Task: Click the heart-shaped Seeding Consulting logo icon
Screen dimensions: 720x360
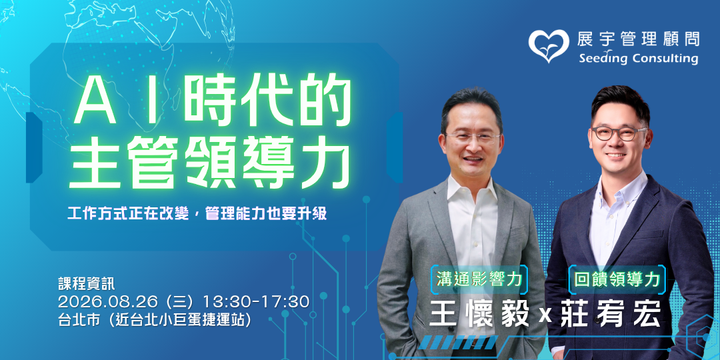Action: (x=548, y=45)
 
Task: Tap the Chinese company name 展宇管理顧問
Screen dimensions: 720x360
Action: (x=638, y=39)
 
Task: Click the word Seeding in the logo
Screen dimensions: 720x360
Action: (x=603, y=59)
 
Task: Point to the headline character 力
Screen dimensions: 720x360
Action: (x=325, y=164)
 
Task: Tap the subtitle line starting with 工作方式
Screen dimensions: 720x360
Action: (x=197, y=214)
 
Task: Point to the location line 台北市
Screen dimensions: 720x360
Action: (x=155, y=319)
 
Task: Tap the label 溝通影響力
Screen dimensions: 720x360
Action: (x=479, y=279)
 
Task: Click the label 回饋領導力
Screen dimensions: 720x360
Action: (x=617, y=279)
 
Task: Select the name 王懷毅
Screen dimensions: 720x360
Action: (x=479, y=313)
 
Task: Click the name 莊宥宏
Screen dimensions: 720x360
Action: (x=610, y=313)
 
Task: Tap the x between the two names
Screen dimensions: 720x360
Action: (x=545, y=316)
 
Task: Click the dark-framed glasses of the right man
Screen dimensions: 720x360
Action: (x=619, y=133)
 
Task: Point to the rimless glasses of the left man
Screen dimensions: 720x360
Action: (x=473, y=137)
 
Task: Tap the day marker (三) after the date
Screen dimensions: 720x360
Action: (x=182, y=302)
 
